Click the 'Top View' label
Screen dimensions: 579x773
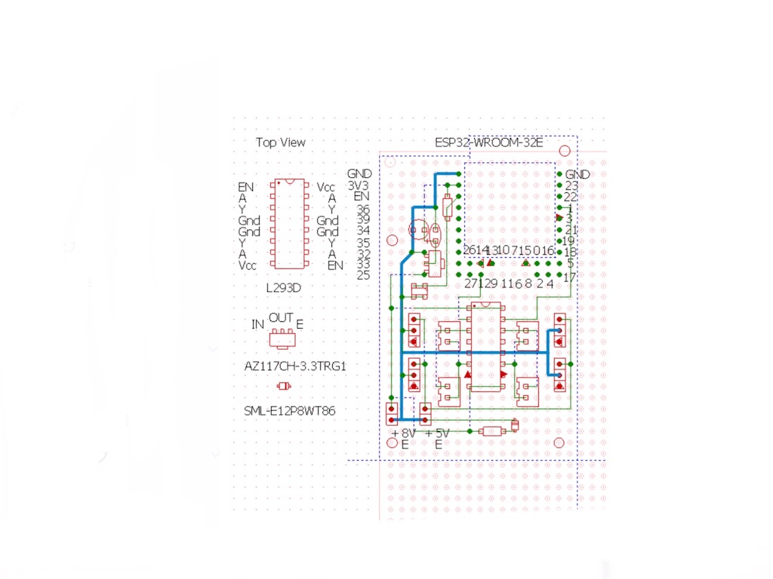pos(280,142)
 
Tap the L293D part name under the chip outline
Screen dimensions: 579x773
pos(285,289)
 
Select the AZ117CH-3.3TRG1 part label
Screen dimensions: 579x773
pos(290,366)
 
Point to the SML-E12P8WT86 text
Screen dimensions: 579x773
pos(290,411)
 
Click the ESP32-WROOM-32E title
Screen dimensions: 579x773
pos(488,142)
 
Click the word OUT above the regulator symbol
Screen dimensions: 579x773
pos(281,318)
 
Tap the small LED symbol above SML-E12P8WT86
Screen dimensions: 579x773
pos(284,386)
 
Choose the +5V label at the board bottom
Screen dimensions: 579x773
pos(438,433)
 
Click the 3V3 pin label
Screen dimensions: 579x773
pos(358,185)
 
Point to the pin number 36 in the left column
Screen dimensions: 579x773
pos(363,209)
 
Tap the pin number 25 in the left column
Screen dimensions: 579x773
pos(363,275)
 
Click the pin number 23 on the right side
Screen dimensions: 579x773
pos(571,185)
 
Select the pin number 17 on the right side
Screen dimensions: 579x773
pos(570,277)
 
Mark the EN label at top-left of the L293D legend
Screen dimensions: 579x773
pos(246,186)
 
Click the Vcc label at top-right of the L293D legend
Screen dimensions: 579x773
pos(326,186)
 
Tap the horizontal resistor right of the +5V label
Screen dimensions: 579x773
pos(493,431)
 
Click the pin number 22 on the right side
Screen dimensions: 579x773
pos(571,197)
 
